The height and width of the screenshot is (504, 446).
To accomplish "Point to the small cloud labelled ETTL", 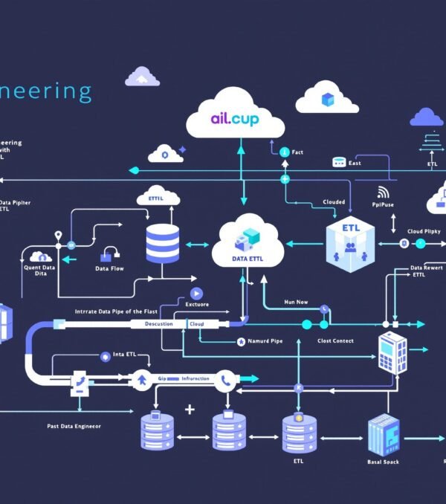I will click(x=158, y=198).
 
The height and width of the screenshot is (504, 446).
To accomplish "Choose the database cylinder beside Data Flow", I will click(x=163, y=243).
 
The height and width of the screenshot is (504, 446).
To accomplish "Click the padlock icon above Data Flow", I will click(x=111, y=253).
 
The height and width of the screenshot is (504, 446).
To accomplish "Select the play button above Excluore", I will click(x=196, y=294).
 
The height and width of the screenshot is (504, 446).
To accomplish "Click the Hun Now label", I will click(x=296, y=303).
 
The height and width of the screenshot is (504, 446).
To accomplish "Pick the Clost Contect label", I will click(x=335, y=341).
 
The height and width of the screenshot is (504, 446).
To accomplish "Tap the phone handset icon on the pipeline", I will click(x=226, y=380).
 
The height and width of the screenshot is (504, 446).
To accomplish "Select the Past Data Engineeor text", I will click(x=74, y=426).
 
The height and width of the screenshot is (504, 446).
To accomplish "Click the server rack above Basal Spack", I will click(x=384, y=435).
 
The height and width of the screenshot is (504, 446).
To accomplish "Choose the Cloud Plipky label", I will click(x=424, y=231).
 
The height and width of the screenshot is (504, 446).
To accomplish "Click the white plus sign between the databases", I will click(x=190, y=410).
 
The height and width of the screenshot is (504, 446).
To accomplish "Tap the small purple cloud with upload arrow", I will click(x=142, y=77).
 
